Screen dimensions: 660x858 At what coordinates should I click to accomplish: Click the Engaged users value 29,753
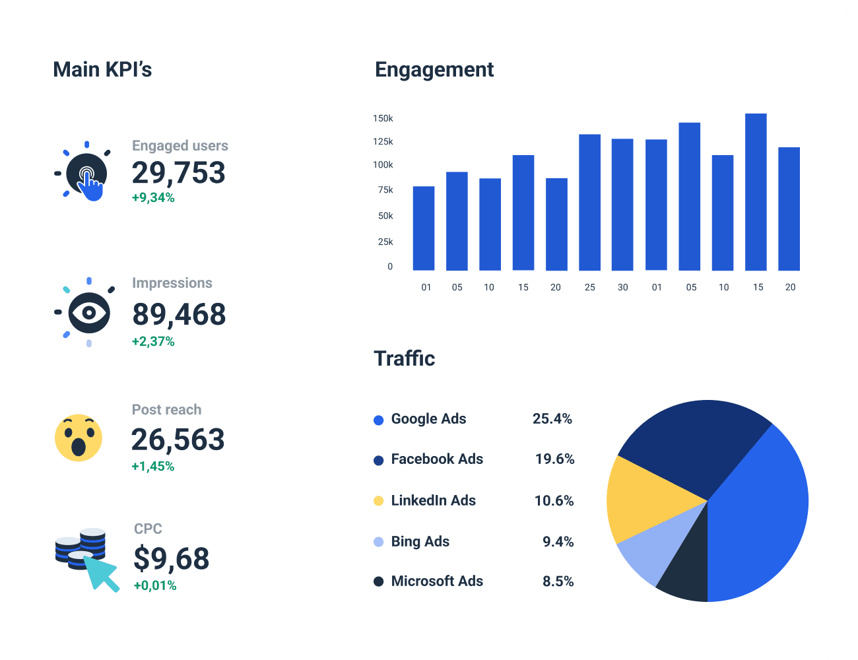click(178, 173)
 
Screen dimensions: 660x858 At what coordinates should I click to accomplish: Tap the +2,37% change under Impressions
click(153, 341)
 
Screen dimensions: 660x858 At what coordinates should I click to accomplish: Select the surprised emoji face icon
click(79, 438)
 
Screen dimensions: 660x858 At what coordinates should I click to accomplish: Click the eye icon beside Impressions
click(89, 312)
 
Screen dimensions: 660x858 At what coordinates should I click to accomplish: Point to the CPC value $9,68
click(171, 559)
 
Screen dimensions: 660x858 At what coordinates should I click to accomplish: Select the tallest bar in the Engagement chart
click(756, 192)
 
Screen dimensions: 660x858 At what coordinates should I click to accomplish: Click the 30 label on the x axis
click(622, 287)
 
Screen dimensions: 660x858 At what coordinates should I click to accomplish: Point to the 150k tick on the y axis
click(383, 118)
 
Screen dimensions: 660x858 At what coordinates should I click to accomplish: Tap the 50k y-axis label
click(385, 216)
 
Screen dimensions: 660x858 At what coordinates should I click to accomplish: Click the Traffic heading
click(404, 358)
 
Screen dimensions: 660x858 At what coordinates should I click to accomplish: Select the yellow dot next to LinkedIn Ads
click(378, 501)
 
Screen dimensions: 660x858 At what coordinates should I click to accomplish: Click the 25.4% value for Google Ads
click(552, 419)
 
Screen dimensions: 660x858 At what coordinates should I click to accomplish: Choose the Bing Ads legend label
click(420, 542)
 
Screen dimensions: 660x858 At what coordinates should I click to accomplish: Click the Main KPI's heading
click(102, 69)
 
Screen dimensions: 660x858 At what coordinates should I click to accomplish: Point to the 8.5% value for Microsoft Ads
click(558, 581)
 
